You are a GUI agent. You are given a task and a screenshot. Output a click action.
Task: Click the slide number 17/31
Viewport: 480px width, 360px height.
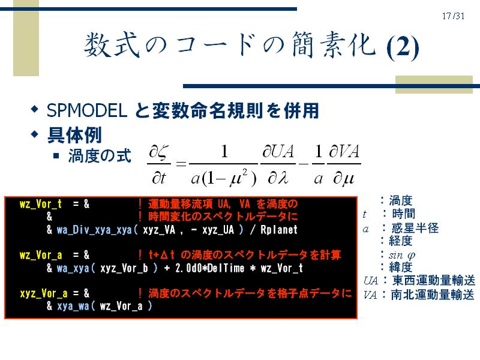pyautogui.click(x=453, y=16)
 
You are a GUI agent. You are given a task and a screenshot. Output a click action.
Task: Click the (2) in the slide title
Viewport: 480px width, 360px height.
pyautogui.click(x=402, y=47)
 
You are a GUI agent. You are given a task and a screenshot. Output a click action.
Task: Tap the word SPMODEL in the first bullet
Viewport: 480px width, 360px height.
pyautogui.click(x=87, y=110)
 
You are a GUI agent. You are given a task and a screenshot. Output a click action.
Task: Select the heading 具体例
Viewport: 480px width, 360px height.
pyautogui.click(x=74, y=135)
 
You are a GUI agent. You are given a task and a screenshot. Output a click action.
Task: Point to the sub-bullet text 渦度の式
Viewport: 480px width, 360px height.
pyautogui.click(x=100, y=156)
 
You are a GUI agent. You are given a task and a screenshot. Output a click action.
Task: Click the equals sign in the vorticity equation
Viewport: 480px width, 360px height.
pyautogui.click(x=181, y=164)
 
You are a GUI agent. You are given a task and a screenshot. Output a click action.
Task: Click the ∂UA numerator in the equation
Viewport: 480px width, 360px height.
pyautogui.click(x=278, y=151)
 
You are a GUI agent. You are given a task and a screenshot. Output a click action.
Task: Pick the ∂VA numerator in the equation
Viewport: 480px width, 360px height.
pyautogui.click(x=344, y=151)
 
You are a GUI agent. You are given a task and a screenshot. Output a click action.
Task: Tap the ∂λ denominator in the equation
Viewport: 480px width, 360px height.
pyautogui.click(x=278, y=178)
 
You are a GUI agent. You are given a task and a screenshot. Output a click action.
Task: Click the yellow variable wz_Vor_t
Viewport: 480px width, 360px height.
pyautogui.click(x=41, y=204)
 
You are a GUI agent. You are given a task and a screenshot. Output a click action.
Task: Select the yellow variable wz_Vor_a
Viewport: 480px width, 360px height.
pyautogui.click(x=41, y=254)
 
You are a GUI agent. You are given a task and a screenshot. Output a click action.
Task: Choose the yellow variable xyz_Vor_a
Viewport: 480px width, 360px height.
pyautogui.click(x=43, y=293)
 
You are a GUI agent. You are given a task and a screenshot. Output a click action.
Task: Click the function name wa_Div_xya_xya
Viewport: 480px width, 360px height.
pyautogui.click(x=95, y=230)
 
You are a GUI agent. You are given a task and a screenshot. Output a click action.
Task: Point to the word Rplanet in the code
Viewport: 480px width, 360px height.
pyautogui.click(x=279, y=230)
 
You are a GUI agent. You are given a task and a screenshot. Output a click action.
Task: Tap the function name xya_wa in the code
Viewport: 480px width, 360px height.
pyautogui.click(x=73, y=306)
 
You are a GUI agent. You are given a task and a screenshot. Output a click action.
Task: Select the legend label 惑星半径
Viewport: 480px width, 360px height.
pyautogui.click(x=415, y=228)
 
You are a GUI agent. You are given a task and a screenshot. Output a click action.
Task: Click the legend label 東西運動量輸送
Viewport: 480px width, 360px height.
pyautogui.click(x=433, y=280)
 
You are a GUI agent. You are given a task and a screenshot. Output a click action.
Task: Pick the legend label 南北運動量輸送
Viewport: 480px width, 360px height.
pyautogui.click(x=433, y=295)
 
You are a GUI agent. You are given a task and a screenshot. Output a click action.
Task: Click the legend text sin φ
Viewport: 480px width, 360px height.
pyautogui.click(x=402, y=254)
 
